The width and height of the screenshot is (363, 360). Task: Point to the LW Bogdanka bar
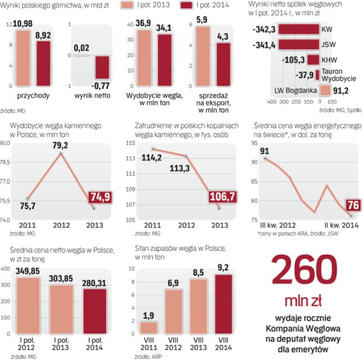pos(324,91)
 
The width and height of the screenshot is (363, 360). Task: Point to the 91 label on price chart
pos(264,150)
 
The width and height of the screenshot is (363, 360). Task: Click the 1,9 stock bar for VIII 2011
pos(149,329)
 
